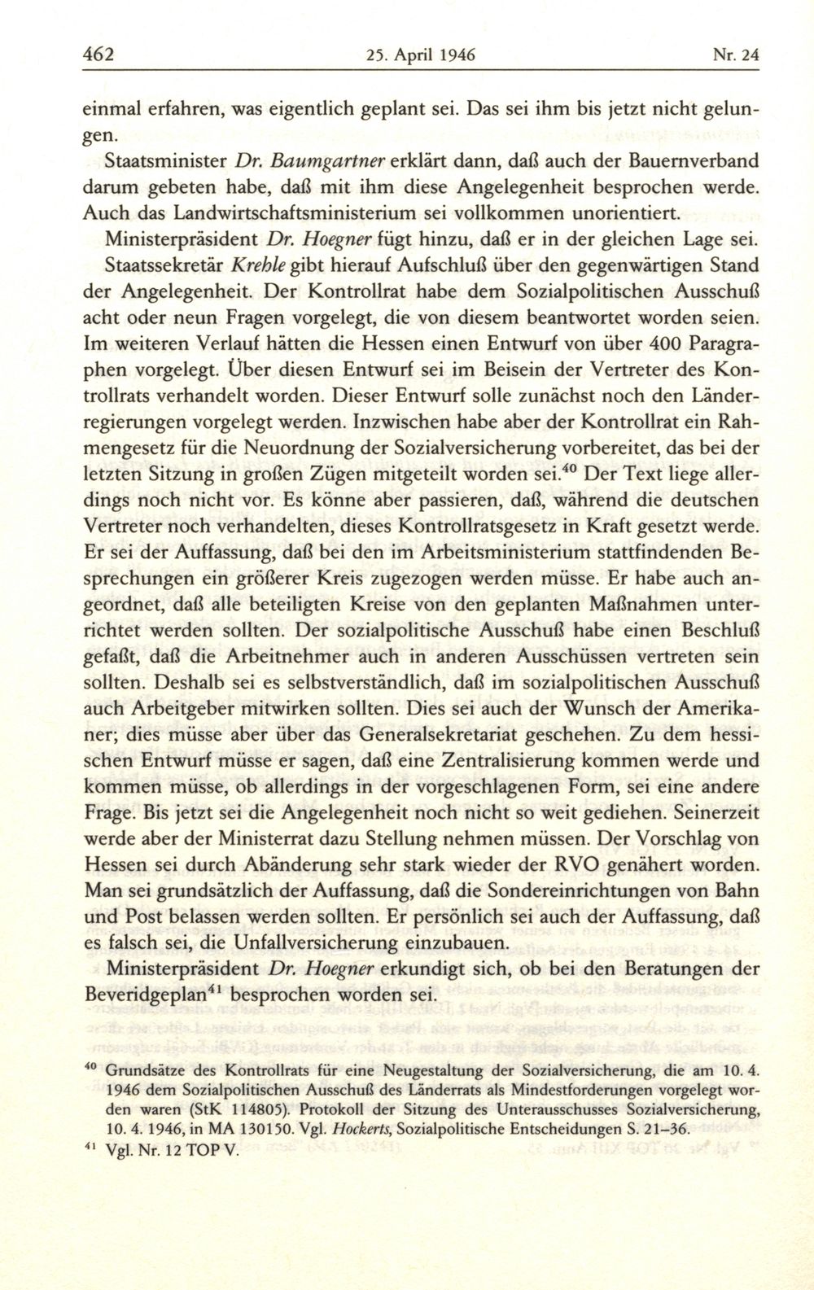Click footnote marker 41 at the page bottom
pyautogui.click(x=90, y=1148)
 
